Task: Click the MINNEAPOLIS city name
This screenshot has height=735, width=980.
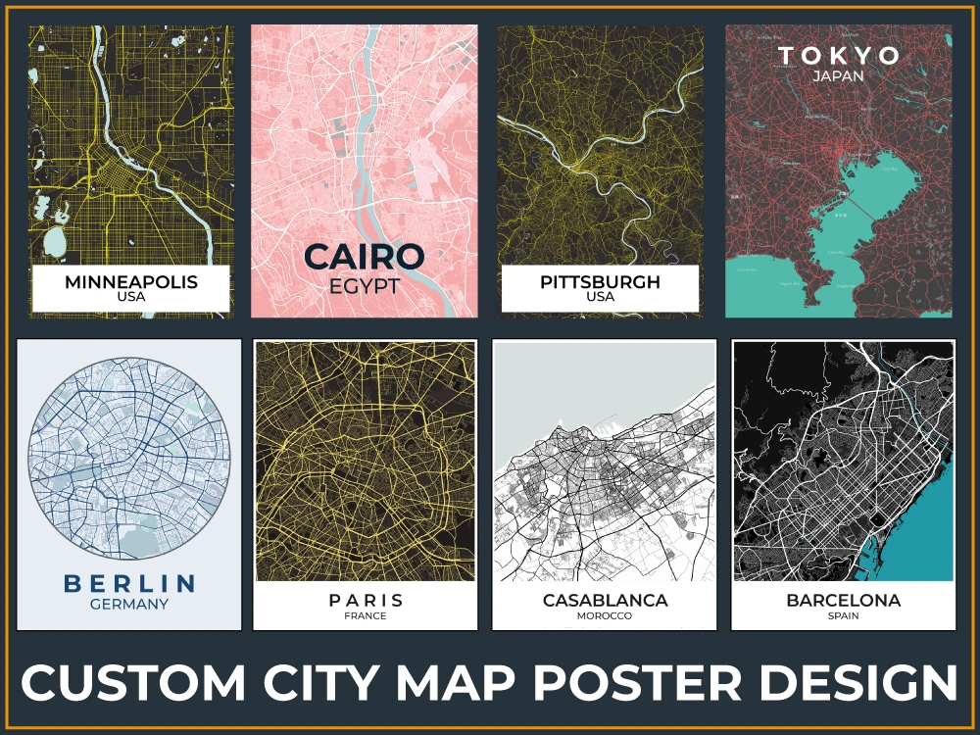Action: click(x=131, y=282)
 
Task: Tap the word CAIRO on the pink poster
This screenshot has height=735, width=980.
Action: click(x=365, y=257)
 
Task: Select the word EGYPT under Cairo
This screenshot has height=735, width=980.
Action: click(x=365, y=286)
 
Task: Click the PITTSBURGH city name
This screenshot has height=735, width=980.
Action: click(x=600, y=282)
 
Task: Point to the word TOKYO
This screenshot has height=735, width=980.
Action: click(x=839, y=55)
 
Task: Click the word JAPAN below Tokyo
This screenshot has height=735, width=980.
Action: click(x=839, y=75)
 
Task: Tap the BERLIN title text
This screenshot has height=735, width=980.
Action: click(x=129, y=584)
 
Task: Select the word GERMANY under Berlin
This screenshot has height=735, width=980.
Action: click(x=129, y=605)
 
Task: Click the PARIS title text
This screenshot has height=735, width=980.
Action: click(x=366, y=600)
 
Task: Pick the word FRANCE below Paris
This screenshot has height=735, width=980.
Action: click(x=366, y=616)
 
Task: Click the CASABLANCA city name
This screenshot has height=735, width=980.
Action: click(x=605, y=600)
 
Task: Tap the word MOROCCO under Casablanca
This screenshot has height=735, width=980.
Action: click(x=605, y=616)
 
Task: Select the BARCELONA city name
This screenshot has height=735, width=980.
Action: click(x=843, y=600)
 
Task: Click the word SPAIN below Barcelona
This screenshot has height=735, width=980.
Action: click(x=843, y=616)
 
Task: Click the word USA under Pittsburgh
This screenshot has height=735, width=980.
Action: click(x=600, y=297)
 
